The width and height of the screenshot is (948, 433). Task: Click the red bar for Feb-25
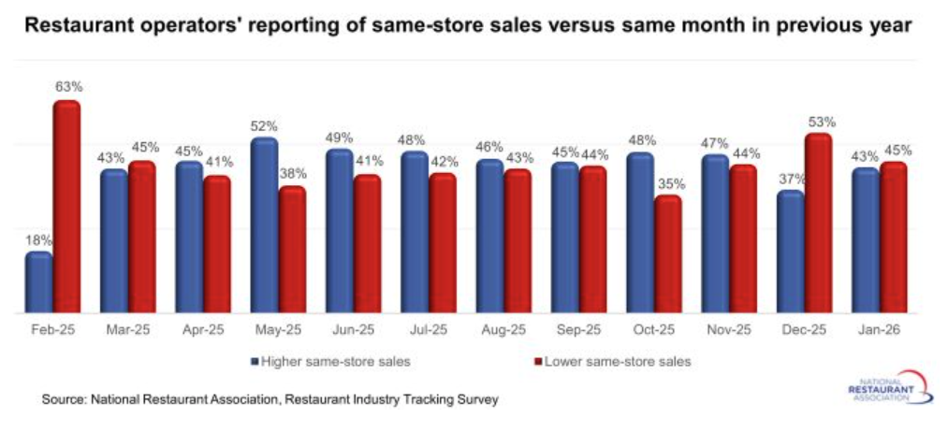coord(66,206)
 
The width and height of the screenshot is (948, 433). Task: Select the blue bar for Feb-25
coord(38,282)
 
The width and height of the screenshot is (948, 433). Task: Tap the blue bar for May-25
coord(264,224)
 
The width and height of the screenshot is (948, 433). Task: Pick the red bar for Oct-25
coord(668,253)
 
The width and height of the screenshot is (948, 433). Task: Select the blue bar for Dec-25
coord(791,252)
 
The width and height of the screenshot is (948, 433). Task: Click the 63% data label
coord(68,87)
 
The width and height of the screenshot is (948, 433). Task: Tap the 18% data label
coord(38,239)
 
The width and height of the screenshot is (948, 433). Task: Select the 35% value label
coord(669,183)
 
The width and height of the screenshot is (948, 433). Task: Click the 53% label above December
coord(821,122)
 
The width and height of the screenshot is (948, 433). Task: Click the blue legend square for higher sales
coord(254,361)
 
